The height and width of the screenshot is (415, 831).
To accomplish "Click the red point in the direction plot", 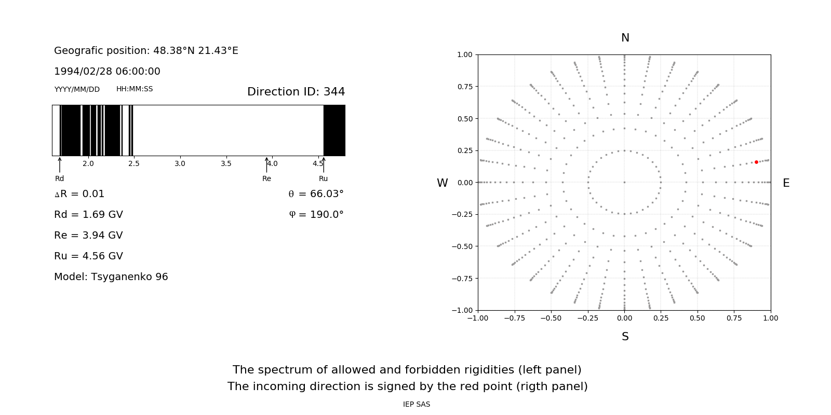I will [x=756, y=162].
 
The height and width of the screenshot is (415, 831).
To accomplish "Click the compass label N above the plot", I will [x=625, y=38].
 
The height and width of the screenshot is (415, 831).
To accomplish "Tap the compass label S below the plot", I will [x=625, y=337].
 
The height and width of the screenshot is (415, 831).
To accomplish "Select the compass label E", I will [x=786, y=183].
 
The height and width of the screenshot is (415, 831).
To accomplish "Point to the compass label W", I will [x=443, y=183].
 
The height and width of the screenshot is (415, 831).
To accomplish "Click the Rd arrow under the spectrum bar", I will [x=60, y=164].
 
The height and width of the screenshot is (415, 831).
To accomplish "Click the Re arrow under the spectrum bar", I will [x=267, y=164].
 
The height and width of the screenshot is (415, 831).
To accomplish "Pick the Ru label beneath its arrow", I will [x=323, y=178].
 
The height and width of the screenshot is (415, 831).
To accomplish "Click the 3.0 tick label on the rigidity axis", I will [x=180, y=163].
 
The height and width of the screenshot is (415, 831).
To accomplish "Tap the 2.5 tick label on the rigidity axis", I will [x=134, y=163].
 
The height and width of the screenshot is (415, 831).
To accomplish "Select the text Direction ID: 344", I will [x=296, y=92].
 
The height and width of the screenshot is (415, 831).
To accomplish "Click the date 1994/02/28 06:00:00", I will [x=107, y=71].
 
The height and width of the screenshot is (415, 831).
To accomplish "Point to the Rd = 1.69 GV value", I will [x=88, y=214].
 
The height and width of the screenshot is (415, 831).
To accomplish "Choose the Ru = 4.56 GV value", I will [x=88, y=256].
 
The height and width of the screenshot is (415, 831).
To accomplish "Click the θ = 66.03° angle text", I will [x=316, y=193].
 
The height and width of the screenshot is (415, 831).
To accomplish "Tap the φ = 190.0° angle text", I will [x=316, y=214].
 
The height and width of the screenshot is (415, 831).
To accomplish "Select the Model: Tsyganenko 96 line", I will [x=111, y=276].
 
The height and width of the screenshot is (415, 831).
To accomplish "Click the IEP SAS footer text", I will [x=417, y=404].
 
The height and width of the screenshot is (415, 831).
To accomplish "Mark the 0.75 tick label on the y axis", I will [x=464, y=87].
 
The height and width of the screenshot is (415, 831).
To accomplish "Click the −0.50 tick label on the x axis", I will [x=551, y=318].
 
